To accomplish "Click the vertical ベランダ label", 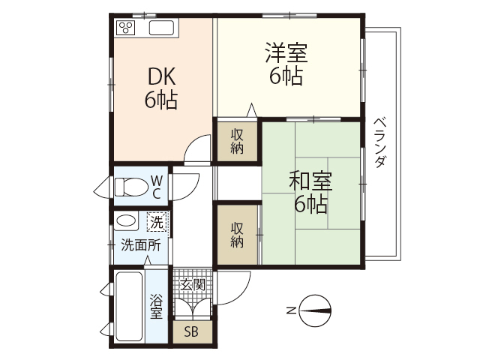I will (379, 142).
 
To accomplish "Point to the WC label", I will (157, 186).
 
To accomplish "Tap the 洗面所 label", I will (140, 244).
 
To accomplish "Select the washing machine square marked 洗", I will (157, 222).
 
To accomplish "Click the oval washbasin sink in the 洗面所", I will (127, 222).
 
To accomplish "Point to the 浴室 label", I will (157, 306).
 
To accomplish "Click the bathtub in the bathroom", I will (128, 307).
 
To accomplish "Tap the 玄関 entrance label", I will (193, 284).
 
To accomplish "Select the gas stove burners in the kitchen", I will (127, 28).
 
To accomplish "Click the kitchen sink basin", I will (162, 28).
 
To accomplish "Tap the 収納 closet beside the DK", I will (237, 141).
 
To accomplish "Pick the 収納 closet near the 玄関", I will (237, 235).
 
